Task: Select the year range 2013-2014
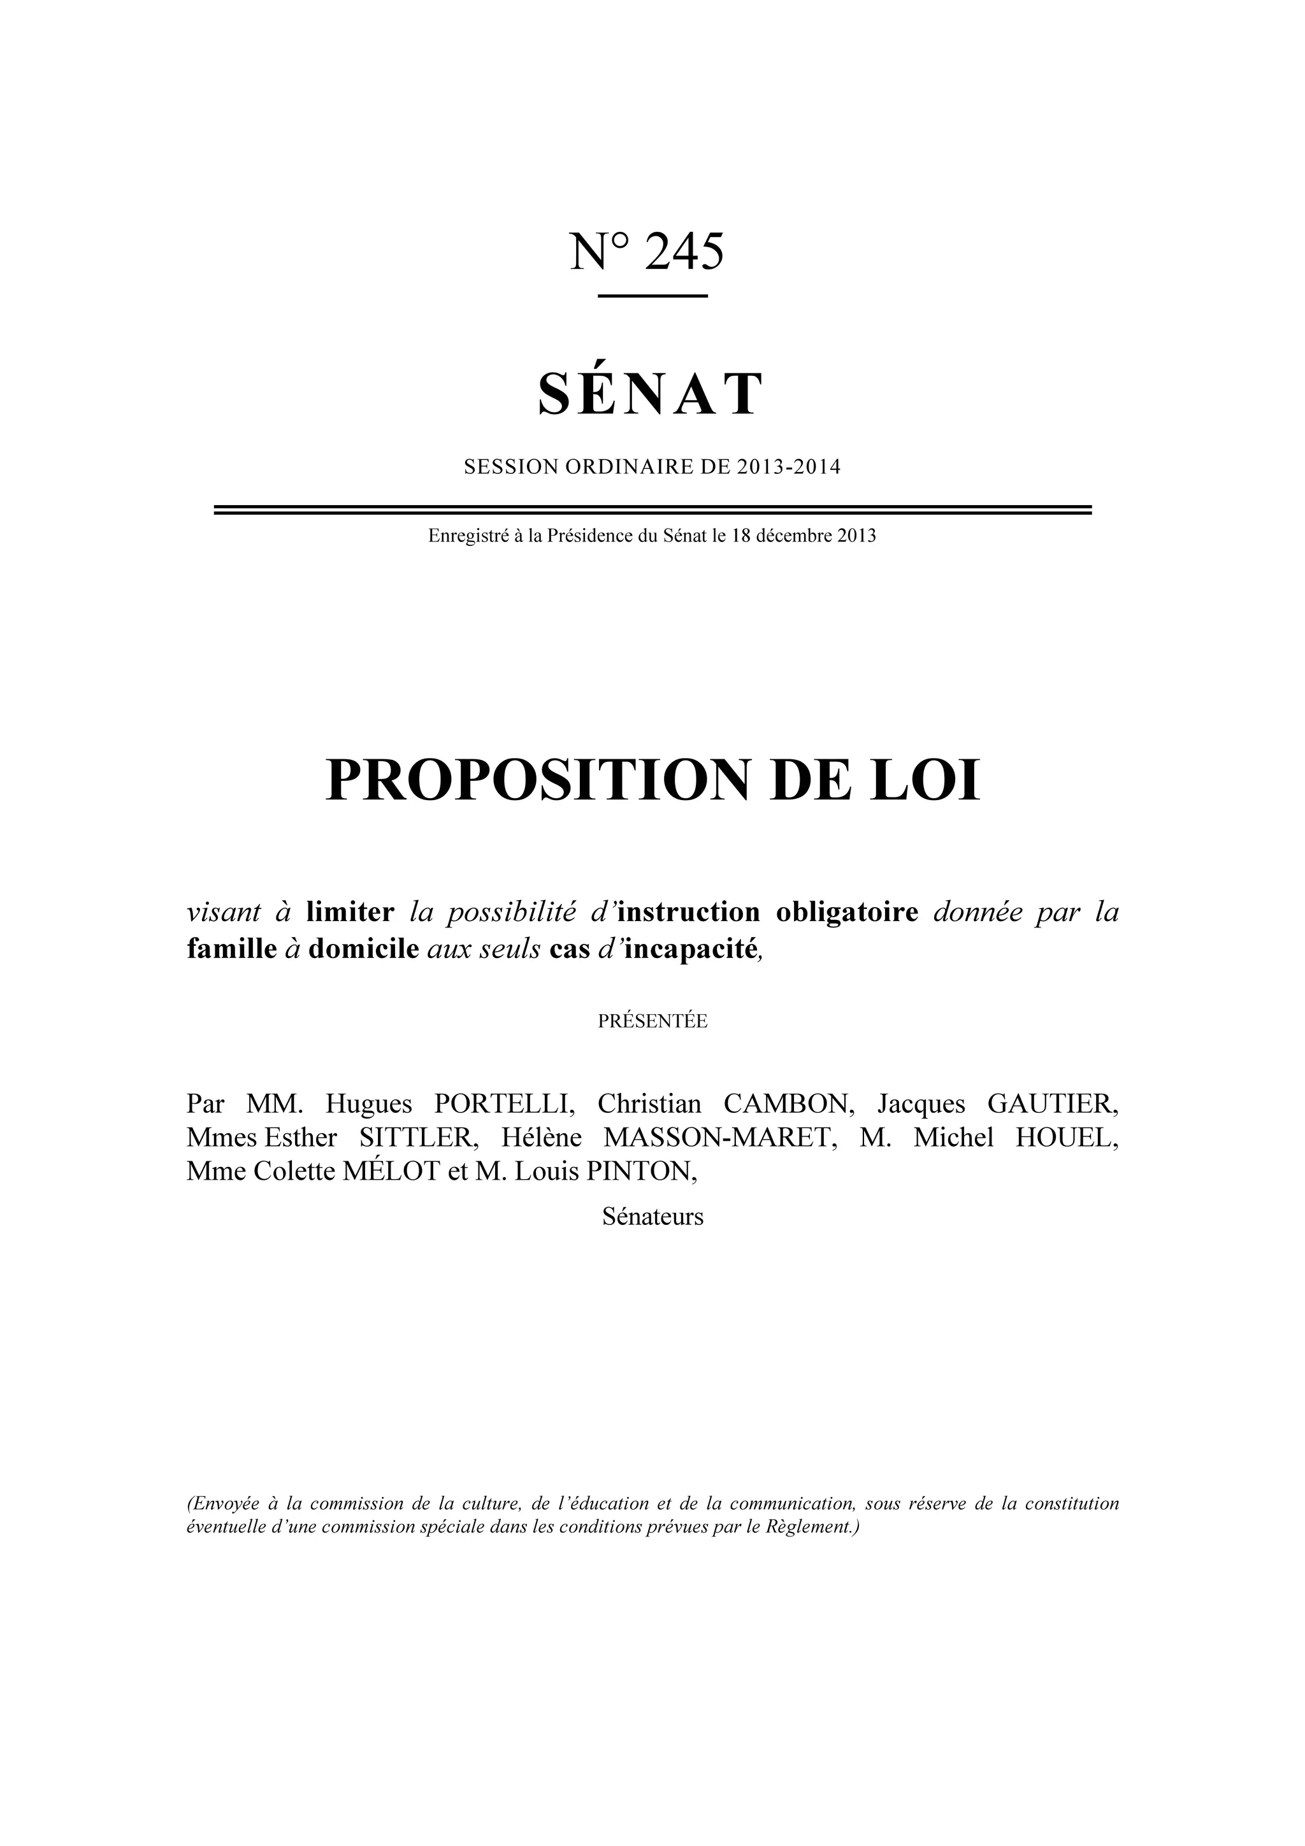788,467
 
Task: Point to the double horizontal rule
652,510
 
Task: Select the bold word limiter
350,913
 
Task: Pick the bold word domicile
363,950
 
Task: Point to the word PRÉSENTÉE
652,1022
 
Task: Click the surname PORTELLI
504,1104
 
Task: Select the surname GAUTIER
1053,1104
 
